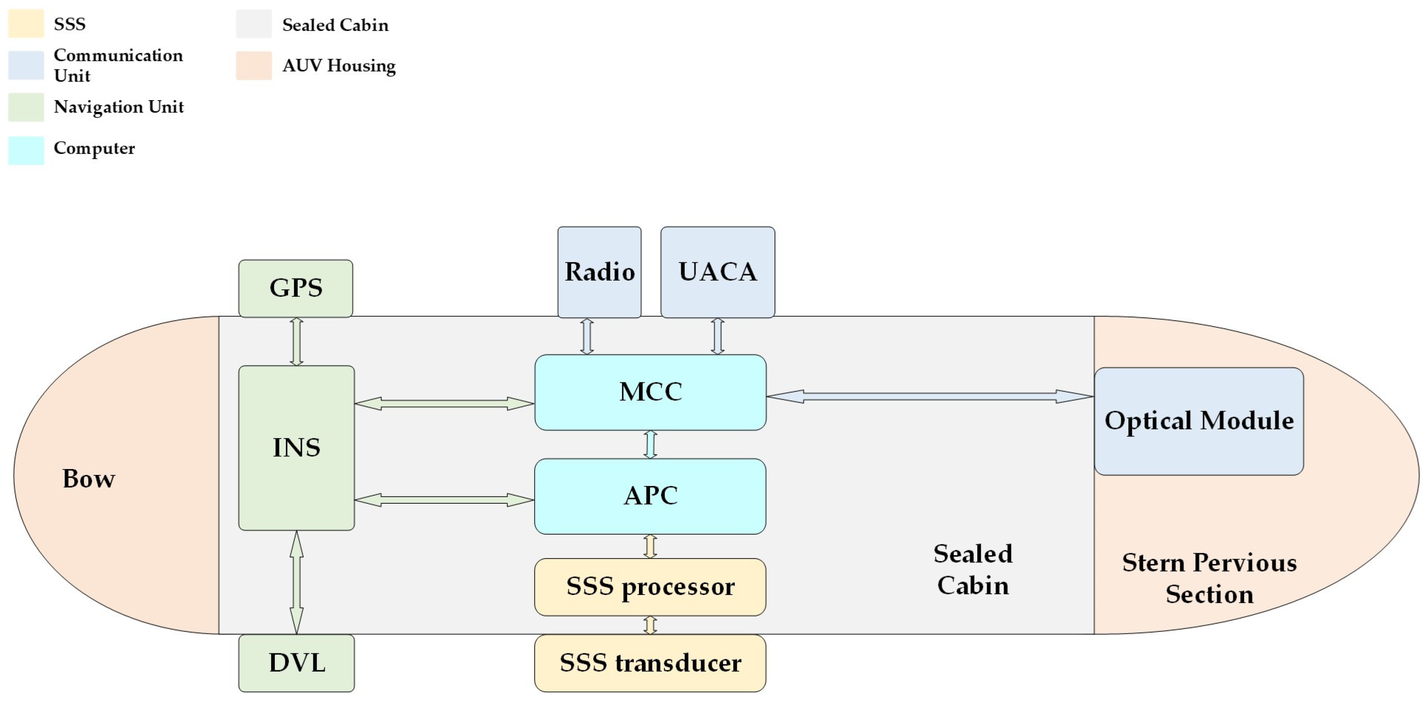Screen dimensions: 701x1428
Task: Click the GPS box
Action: click(296, 288)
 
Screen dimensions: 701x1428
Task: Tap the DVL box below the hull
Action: click(296, 663)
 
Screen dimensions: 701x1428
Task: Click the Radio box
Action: click(599, 272)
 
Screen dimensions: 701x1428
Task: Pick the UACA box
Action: click(717, 272)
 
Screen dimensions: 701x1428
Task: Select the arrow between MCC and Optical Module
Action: click(929, 396)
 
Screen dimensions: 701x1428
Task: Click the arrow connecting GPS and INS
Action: click(296, 341)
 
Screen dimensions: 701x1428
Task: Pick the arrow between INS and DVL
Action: click(296, 582)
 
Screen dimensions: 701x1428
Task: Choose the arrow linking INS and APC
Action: click(444, 500)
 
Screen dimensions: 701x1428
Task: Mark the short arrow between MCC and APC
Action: click(650, 445)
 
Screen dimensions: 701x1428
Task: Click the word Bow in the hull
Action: click(89, 479)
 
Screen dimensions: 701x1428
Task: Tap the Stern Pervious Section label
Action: click(1209, 578)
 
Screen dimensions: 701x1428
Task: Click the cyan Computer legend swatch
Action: click(26, 150)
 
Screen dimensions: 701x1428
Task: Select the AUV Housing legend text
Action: click(339, 65)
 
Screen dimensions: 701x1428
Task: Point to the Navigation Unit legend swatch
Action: click(26, 107)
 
